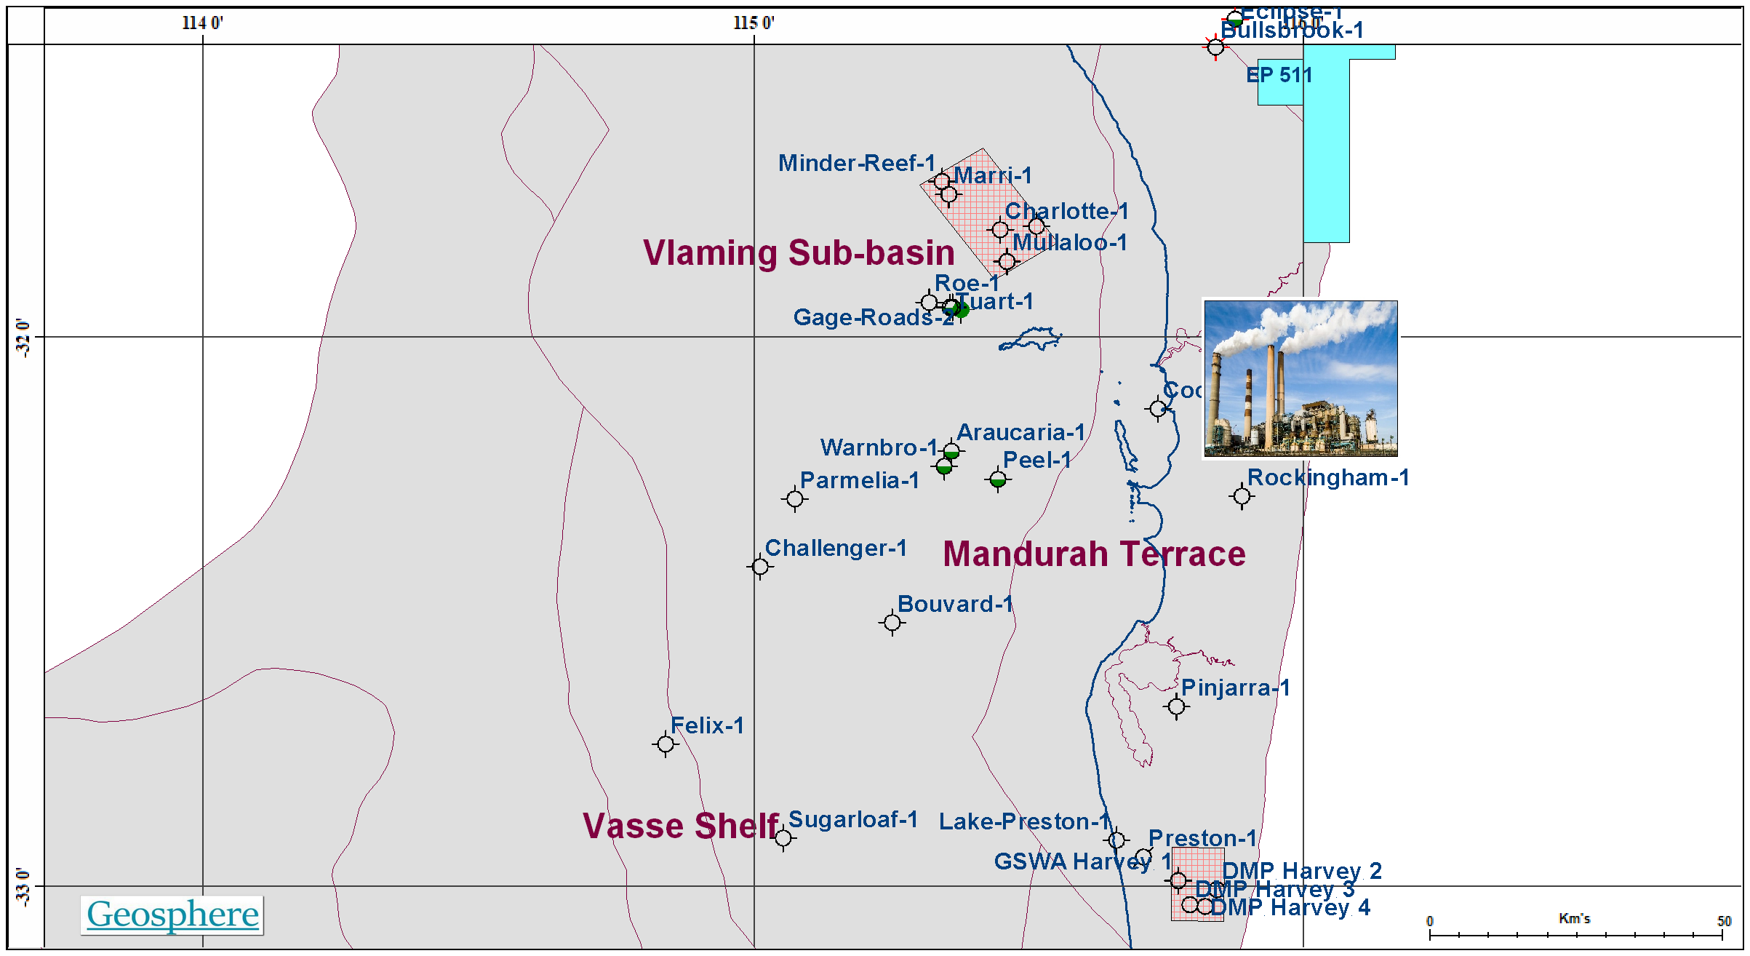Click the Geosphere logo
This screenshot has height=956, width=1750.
point(172,915)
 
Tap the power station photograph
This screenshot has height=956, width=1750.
point(1300,378)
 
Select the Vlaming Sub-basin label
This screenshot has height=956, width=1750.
point(799,253)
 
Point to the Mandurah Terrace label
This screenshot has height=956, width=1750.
point(1094,554)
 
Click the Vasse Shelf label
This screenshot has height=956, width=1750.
point(680,826)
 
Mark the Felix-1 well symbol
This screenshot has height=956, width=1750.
point(665,744)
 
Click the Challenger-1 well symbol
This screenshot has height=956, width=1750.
point(759,566)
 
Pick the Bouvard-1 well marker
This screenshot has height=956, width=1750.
point(892,623)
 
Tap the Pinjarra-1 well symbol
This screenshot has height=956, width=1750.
point(1176,706)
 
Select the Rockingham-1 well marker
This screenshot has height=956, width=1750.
point(1242,496)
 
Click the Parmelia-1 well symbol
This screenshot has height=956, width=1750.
point(795,499)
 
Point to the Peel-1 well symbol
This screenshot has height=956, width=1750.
point(998,479)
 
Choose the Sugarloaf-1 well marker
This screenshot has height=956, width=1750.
point(783,838)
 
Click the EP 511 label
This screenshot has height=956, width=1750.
point(1279,75)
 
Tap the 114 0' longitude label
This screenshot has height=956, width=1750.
point(202,23)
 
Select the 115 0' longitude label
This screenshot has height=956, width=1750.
point(754,23)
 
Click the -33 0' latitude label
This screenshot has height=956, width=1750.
point(23,886)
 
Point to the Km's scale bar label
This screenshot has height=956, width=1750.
point(1574,919)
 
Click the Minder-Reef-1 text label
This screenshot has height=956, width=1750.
point(856,163)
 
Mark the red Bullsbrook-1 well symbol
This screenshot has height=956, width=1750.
point(1215,47)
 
